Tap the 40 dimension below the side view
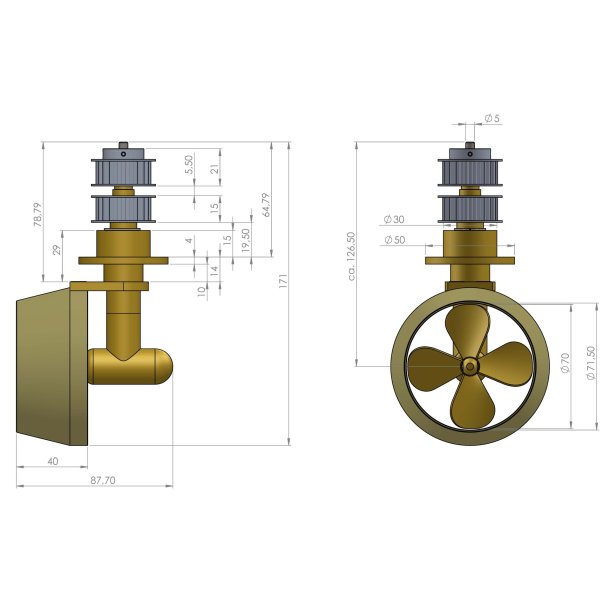point(52,461)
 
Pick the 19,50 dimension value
point(246,241)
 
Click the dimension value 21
point(214,169)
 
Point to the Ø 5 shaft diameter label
point(492,119)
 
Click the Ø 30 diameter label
point(393,220)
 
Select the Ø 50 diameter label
point(393,239)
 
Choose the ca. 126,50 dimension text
point(351,257)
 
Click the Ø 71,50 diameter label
point(591,367)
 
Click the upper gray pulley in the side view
point(121,171)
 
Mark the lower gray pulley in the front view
point(470,210)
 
